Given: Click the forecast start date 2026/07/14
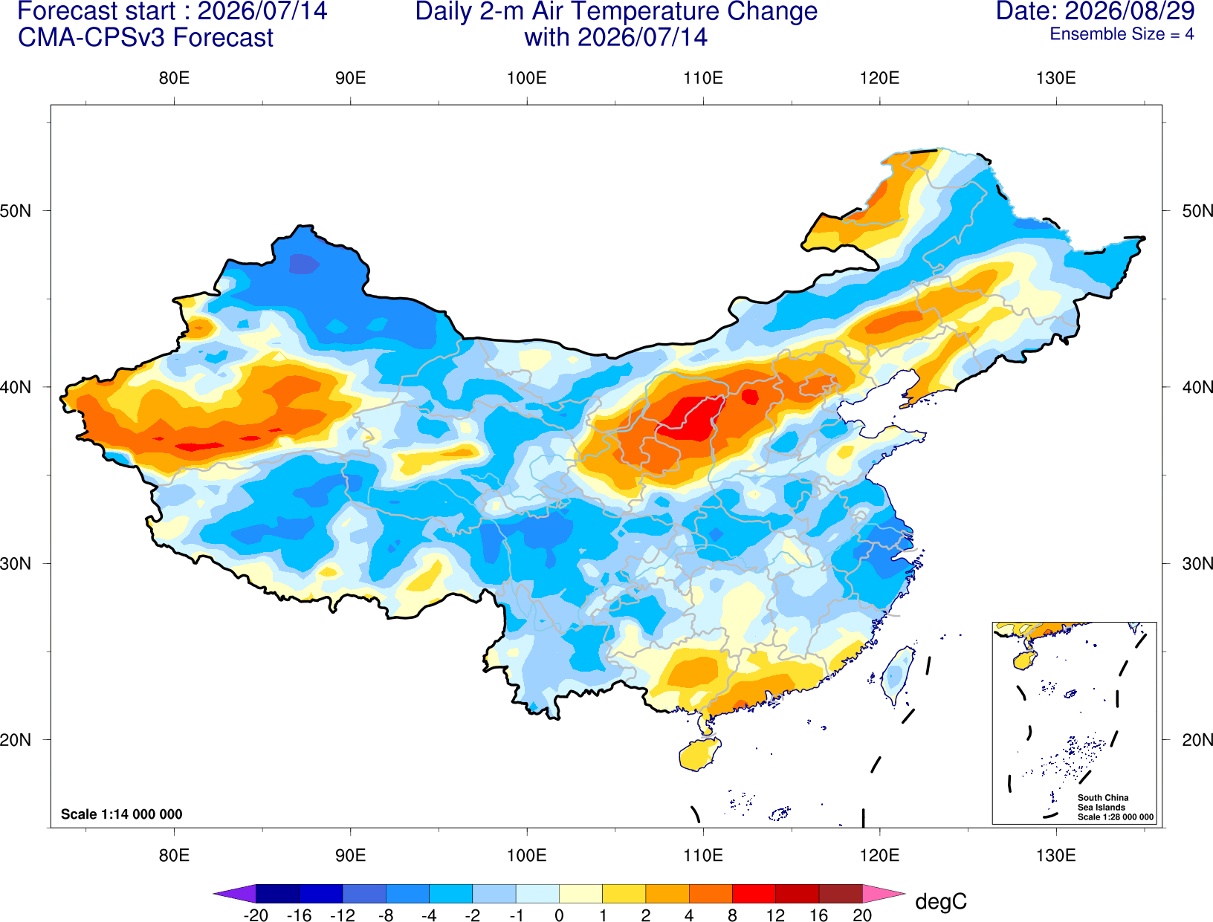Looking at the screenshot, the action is tap(262, 10).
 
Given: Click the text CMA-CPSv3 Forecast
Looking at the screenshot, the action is tap(146, 38).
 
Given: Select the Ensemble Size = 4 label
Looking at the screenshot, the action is tap(1122, 34).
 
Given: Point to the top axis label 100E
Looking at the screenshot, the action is tap(527, 78).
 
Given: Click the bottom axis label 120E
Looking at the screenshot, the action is tap(879, 856).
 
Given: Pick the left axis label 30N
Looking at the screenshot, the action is tap(16, 563).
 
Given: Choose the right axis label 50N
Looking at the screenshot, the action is tap(1197, 210).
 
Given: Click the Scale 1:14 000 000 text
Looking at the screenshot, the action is tap(122, 814).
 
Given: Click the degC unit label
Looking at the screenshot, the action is tap(941, 901).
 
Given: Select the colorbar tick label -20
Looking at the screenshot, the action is tap(256, 915).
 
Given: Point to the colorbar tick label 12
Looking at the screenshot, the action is tap(775, 915).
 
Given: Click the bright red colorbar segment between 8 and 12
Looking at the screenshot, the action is tap(754, 893).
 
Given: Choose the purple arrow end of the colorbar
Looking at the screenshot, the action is tap(234, 893).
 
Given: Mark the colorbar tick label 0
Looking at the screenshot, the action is tap(559, 915).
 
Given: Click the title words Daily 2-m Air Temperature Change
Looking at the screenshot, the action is tap(616, 11).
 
